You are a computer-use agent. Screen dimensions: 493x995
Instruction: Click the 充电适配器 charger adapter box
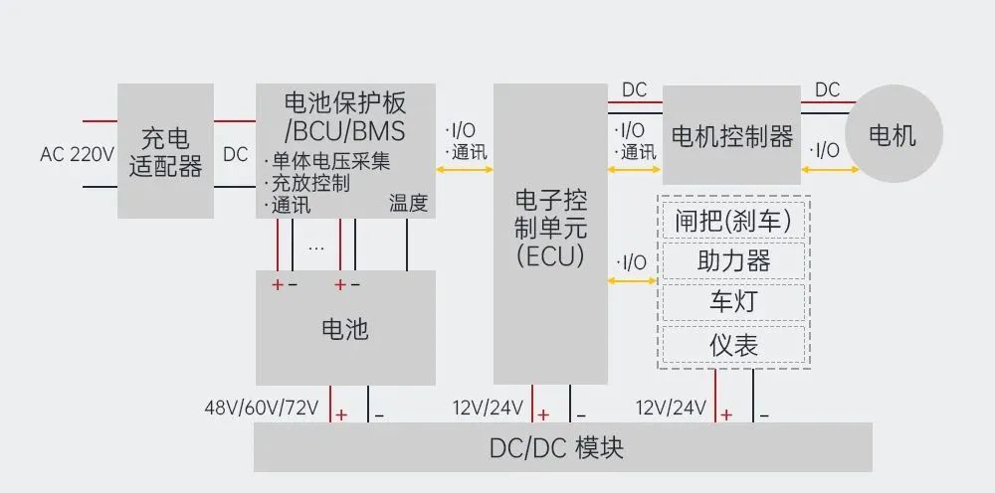click(x=165, y=151)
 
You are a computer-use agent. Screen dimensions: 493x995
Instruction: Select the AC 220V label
click(x=78, y=155)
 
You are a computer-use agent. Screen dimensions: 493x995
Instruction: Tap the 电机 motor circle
click(x=893, y=135)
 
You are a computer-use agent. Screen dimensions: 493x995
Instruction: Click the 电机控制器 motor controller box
click(x=731, y=135)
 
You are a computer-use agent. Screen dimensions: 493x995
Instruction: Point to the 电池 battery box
click(x=344, y=328)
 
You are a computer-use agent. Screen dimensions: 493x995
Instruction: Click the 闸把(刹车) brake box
click(x=733, y=221)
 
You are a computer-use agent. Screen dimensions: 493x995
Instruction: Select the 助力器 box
click(x=733, y=261)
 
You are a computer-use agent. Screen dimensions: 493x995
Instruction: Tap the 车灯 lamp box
click(x=733, y=302)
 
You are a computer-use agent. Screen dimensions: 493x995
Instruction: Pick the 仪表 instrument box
click(x=733, y=345)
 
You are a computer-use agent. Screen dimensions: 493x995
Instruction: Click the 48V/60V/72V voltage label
click(x=262, y=408)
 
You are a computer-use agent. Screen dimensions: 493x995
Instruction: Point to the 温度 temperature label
click(x=408, y=204)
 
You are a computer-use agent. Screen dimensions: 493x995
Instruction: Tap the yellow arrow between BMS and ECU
click(x=465, y=170)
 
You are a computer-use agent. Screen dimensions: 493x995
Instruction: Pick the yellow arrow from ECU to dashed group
click(x=632, y=281)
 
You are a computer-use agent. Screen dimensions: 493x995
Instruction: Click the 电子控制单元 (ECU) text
click(x=550, y=228)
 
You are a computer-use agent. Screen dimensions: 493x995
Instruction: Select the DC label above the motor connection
click(x=827, y=90)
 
